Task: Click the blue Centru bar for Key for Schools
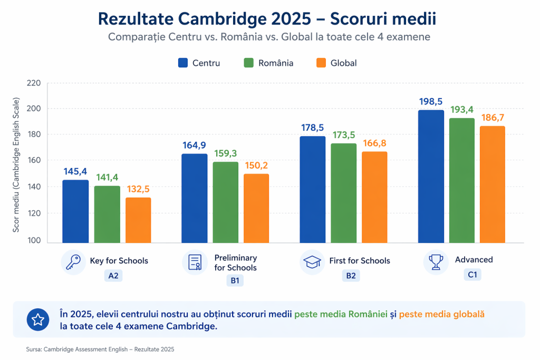click(x=75, y=211)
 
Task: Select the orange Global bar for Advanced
click(x=493, y=184)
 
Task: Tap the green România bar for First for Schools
click(x=344, y=193)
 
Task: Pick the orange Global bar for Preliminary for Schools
click(x=256, y=208)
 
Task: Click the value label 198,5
click(x=430, y=102)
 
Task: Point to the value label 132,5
click(x=138, y=189)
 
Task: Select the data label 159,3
click(x=226, y=153)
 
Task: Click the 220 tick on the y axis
click(x=33, y=83)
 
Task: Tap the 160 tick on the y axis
click(x=33, y=160)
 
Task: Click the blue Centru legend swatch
click(x=183, y=63)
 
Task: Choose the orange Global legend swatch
click(x=321, y=63)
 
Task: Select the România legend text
click(x=276, y=63)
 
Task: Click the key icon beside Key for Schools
click(x=73, y=262)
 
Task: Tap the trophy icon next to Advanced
click(x=436, y=262)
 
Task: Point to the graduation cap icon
click(x=312, y=262)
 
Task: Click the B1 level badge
click(x=235, y=280)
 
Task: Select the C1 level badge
click(x=472, y=275)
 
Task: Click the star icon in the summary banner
click(x=38, y=320)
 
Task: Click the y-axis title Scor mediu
click(x=16, y=165)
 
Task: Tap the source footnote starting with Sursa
click(x=100, y=349)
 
